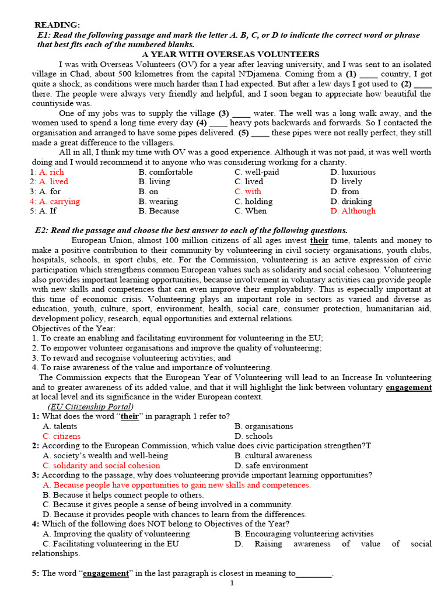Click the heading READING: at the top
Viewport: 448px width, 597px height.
pyautogui.click(x=57, y=24)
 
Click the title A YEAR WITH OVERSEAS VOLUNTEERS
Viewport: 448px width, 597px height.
pyautogui.click(x=223, y=54)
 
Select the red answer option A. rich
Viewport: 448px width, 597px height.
pyautogui.click(x=51, y=172)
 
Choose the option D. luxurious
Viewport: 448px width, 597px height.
pyautogui.click(x=352, y=172)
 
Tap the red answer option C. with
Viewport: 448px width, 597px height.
pyautogui.click(x=248, y=191)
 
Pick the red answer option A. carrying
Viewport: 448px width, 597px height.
pyautogui.click(x=60, y=201)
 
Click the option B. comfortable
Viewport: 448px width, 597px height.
pyautogui.click(x=167, y=172)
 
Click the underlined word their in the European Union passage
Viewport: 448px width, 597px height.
pyautogui.click(x=319, y=240)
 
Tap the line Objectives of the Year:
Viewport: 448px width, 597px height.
pyautogui.click(x=73, y=328)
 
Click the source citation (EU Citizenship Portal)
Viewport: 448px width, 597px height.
pyautogui.click(x=90, y=406)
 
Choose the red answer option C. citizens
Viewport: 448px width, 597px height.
pyautogui.click(x=62, y=436)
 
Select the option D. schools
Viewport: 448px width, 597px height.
pyautogui.click(x=253, y=436)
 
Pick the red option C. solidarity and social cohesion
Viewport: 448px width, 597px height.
pyautogui.click(x=101, y=465)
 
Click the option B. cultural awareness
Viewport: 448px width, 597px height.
pyautogui.click(x=273, y=455)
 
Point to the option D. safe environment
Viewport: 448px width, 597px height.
pyautogui.click(x=271, y=465)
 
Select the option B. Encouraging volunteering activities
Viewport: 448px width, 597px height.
pyautogui.click(x=304, y=533)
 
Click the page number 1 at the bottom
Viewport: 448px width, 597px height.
pyautogui.click(x=232, y=583)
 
